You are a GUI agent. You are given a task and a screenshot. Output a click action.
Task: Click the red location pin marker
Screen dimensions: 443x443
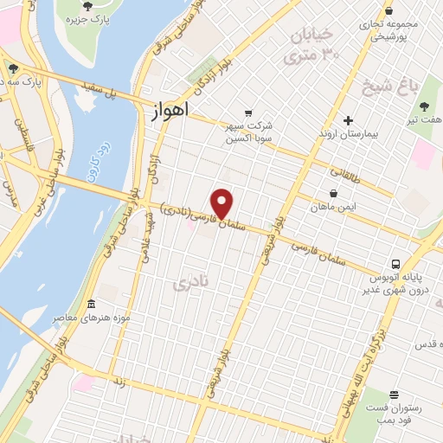pyautogui.click(x=223, y=203)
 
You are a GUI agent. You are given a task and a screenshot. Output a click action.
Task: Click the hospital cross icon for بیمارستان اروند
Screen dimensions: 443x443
pyautogui.click(x=348, y=120)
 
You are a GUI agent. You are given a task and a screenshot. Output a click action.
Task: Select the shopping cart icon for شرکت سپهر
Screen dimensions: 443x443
pyautogui.click(x=248, y=113)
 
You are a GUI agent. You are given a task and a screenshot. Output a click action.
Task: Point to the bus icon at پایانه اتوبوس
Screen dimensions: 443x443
pyautogui.click(x=395, y=264)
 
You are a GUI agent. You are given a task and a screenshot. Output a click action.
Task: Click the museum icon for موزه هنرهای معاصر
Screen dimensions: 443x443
pyautogui.click(x=92, y=304)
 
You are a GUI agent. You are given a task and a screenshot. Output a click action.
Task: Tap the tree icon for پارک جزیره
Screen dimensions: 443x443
pyautogui.click(x=87, y=5)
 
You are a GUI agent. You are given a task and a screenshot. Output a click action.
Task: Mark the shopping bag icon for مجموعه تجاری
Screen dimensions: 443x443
pyautogui.click(x=388, y=11)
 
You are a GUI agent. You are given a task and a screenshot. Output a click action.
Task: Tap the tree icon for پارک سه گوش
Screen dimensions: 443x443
pyautogui.click(x=12, y=68)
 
